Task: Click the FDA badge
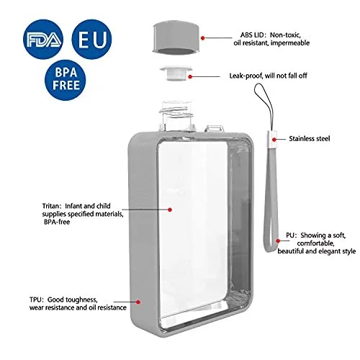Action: [x=43, y=40]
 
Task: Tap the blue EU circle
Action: [x=92, y=40]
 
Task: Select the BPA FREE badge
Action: [x=66, y=80]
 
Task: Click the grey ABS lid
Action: [x=176, y=37]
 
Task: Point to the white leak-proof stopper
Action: [x=176, y=73]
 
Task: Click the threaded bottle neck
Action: [x=177, y=115]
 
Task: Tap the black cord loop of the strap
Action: [x=264, y=106]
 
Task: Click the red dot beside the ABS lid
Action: [x=203, y=38]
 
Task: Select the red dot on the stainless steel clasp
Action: [x=274, y=139]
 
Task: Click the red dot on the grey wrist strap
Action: [x=278, y=240]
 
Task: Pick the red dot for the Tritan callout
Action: [x=170, y=210]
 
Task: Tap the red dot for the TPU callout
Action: [x=138, y=302]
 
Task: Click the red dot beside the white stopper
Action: [x=190, y=76]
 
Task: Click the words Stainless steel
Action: [x=310, y=139]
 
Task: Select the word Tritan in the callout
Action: [x=50, y=206]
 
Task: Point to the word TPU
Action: [x=36, y=300]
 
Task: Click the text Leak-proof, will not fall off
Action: [x=268, y=76]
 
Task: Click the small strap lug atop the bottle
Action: [x=214, y=128]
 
